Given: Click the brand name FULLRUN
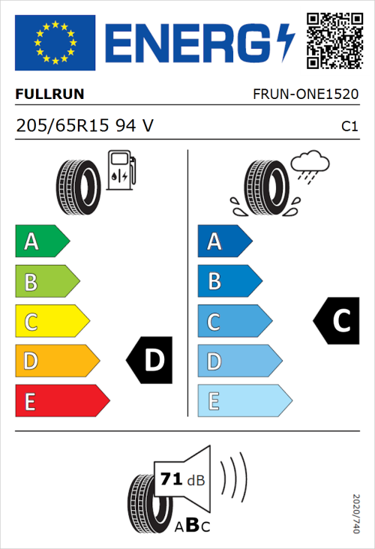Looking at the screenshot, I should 49,94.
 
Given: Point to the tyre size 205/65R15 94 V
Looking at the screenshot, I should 84,125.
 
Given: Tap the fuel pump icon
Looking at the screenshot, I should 121,170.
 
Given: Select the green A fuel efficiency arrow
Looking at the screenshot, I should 41,241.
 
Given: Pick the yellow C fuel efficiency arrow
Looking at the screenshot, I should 51,322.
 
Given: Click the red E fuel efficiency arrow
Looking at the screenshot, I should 61,401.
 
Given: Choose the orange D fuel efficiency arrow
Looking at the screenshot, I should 56,361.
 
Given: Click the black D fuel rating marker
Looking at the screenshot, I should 151,361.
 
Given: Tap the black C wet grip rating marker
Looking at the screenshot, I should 337,321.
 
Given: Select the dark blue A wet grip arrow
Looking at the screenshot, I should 224,241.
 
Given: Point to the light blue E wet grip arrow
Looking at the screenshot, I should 244,401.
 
